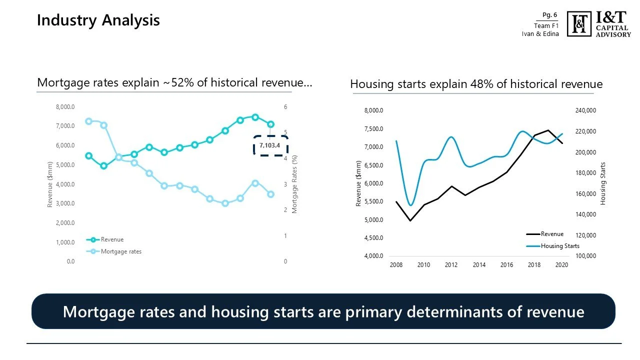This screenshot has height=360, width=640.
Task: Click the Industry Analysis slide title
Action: click(x=98, y=20)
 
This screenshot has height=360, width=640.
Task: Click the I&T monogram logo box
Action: click(x=579, y=24)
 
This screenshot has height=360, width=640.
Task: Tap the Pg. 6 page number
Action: click(x=549, y=15)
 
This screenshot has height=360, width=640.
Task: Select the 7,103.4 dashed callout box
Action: click(x=270, y=145)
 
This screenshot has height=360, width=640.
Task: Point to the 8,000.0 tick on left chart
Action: click(x=65, y=107)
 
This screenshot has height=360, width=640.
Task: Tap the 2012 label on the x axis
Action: click(x=451, y=265)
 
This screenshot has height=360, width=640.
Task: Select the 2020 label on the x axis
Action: click(x=562, y=265)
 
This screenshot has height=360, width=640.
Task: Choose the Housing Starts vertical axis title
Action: click(x=603, y=183)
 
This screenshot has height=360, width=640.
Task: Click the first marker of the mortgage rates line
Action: click(x=88, y=121)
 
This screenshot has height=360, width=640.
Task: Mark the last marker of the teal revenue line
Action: click(x=270, y=124)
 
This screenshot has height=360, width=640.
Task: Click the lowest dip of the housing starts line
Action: click(x=410, y=205)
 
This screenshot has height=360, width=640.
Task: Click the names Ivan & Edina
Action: click(x=540, y=34)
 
